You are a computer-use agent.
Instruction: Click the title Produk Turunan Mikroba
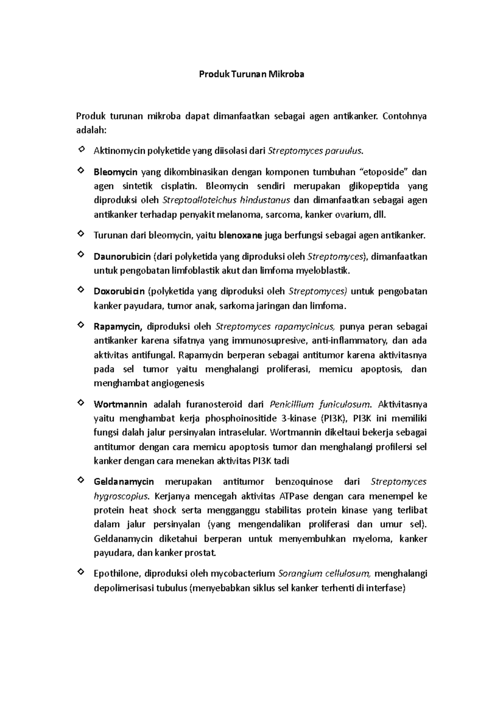click(251, 75)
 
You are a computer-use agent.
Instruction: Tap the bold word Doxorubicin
click(119, 291)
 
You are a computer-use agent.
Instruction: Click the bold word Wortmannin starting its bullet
click(120, 404)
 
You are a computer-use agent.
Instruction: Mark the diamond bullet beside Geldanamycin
click(80, 480)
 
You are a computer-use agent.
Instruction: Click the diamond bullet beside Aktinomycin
click(80, 149)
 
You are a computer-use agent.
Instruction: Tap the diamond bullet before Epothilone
click(80, 572)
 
